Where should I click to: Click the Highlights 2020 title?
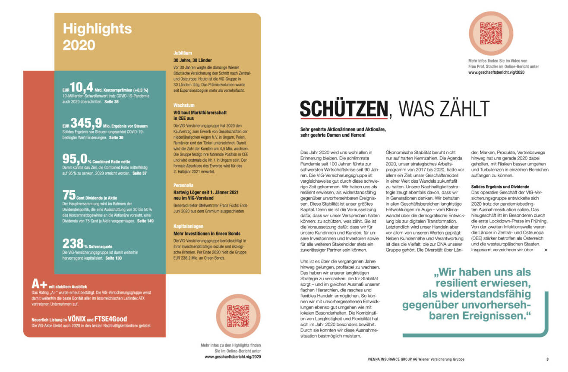[x=97, y=36]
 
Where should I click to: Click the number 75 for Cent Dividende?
[x=69, y=194]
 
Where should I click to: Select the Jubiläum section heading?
[x=183, y=53]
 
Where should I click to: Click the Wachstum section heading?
[x=183, y=105]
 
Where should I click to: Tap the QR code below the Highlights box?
[x=238, y=316]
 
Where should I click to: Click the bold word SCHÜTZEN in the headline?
[x=344, y=109]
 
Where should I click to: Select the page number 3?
[x=547, y=359]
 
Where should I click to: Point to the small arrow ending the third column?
[x=546, y=250]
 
